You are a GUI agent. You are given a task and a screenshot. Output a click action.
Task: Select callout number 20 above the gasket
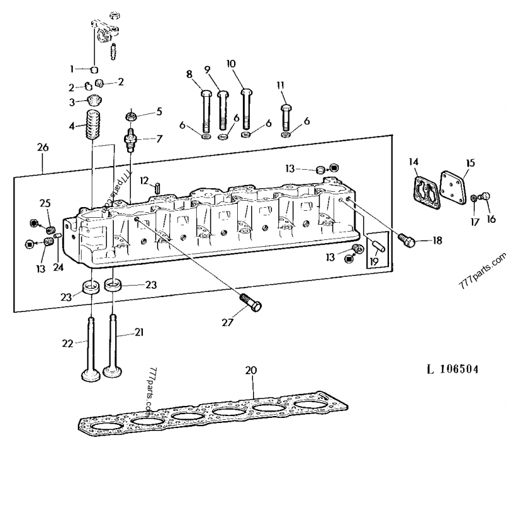[x=251, y=370]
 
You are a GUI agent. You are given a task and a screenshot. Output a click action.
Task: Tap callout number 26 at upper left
[x=42, y=148]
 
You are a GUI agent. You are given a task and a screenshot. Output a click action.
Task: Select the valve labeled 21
[x=113, y=345]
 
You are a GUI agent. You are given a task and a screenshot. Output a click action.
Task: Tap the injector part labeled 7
[x=132, y=139]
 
